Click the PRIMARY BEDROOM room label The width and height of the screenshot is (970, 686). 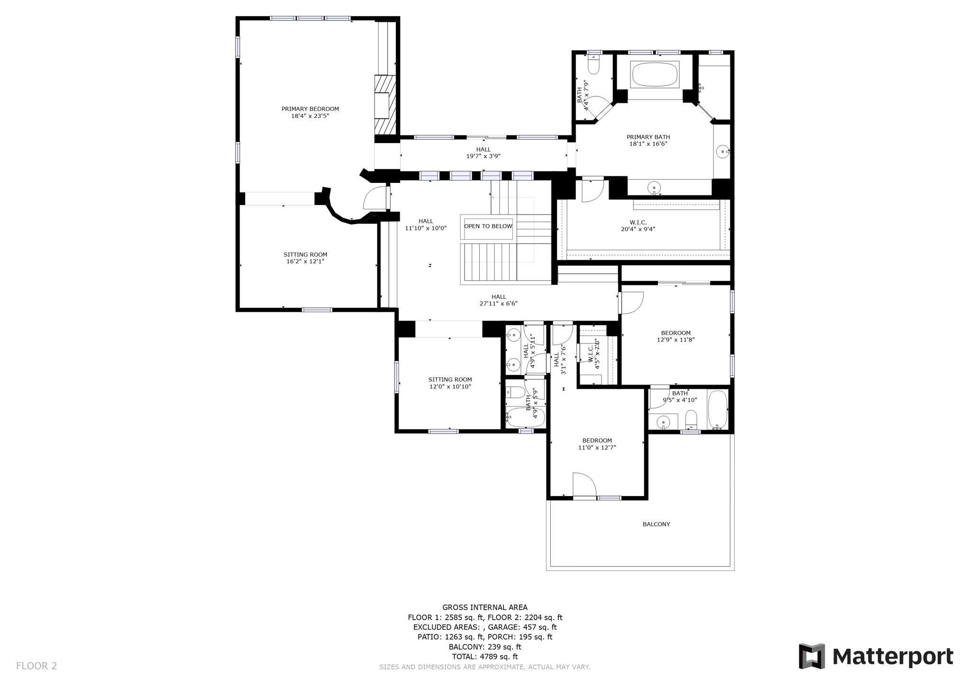coord(310,109)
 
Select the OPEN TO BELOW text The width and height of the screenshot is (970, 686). coord(488,226)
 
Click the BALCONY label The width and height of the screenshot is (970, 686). coord(656,524)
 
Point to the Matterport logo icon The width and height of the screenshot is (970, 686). coord(812,656)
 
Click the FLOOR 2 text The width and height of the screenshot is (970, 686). coord(36,666)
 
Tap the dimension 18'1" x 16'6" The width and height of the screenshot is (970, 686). coord(648,144)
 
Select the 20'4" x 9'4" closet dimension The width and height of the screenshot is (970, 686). coord(638,229)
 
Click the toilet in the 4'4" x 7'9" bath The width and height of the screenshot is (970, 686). coord(593,64)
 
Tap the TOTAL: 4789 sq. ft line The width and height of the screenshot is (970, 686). coord(485,657)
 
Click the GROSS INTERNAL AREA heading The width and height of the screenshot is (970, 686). coord(485,607)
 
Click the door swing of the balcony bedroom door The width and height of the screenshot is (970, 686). coord(584,484)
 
